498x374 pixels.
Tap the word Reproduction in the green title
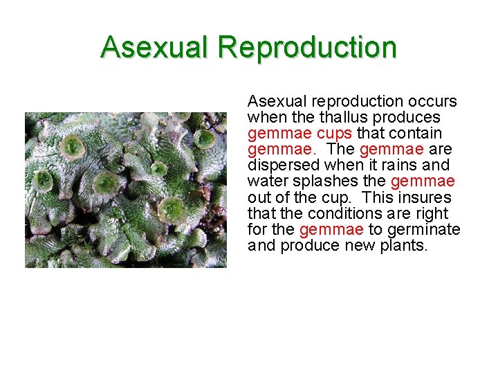[x=307, y=47]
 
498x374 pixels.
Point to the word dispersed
[x=280, y=165]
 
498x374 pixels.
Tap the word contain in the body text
[x=418, y=133]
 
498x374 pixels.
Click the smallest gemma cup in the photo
[x=159, y=168]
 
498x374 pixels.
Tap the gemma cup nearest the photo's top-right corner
[x=203, y=139]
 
